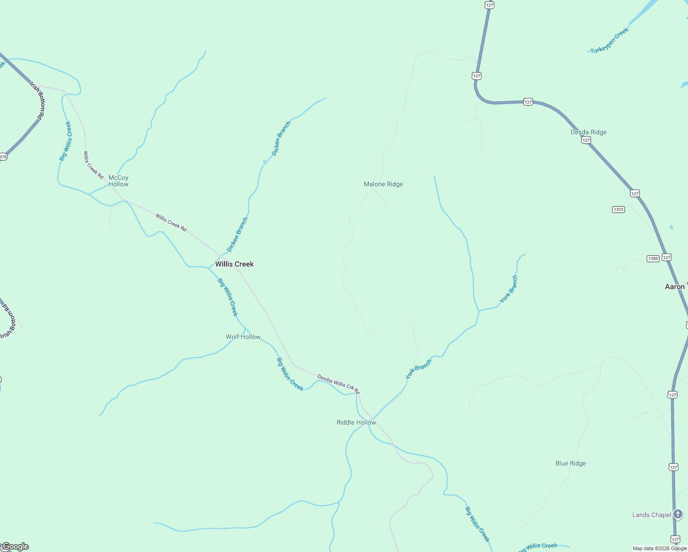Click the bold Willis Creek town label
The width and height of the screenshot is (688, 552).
pos(235,264)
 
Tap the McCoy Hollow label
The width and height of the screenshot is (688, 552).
pos(118,181)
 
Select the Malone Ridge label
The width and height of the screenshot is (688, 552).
pos(383,184)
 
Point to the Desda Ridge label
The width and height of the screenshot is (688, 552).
pos(588,132)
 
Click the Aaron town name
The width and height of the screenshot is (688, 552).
pos(675,287)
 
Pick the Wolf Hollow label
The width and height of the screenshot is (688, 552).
pos(243,337)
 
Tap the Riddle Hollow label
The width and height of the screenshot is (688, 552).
pos(356,422)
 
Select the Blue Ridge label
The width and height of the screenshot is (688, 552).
pos(570,463)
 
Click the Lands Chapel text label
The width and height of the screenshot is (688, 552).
pos(651,515)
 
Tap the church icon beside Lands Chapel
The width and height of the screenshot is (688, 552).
pos(678,514)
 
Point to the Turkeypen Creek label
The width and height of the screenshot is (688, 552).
pos(609,40)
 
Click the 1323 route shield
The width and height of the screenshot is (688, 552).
pos(619,209)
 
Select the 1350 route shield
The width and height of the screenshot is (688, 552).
pos(653,259)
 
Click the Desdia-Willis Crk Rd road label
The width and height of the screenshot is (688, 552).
pos(338,384)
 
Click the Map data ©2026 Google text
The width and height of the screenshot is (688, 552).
pos(659,548)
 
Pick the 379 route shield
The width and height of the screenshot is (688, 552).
pos(3,157)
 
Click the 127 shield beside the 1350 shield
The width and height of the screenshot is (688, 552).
pos(667,257)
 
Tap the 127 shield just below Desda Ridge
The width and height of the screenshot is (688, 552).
pos(585,140)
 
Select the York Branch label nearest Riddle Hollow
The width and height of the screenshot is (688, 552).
pos(419,369)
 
